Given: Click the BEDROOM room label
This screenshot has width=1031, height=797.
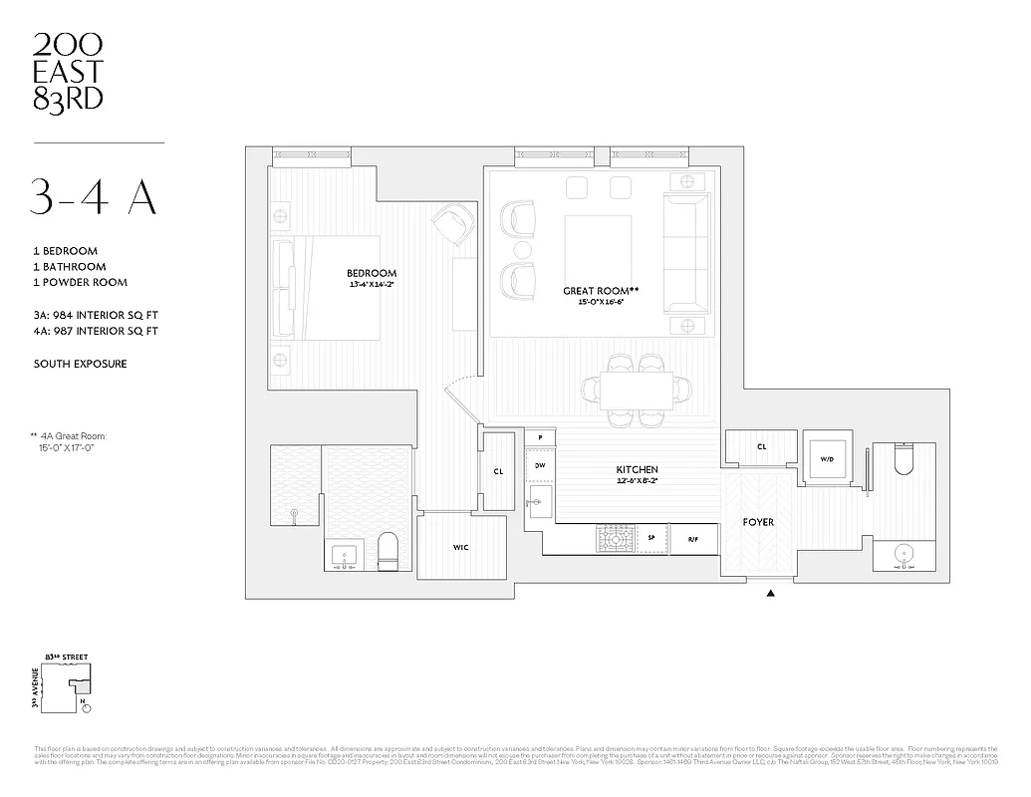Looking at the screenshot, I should coord(372,273).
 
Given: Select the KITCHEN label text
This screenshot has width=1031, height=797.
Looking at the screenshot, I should coord(637,469).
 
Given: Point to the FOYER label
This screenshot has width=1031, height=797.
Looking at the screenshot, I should coord(758,522).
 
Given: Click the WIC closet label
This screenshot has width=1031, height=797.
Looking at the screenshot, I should coord(460,547).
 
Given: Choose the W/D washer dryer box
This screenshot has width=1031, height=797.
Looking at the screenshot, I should coord(827,460).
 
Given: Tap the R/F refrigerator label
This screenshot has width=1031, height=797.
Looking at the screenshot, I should coord(693,539).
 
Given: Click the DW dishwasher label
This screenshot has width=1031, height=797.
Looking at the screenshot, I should coord(540,465).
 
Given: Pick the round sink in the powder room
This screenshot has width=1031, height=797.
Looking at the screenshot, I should coord(905,554).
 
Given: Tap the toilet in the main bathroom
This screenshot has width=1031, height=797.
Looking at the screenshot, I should coord(387,551).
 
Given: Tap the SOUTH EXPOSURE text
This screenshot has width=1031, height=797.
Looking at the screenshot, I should coord(80,364).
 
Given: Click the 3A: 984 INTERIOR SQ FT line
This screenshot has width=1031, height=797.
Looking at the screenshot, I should coord(95,316).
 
